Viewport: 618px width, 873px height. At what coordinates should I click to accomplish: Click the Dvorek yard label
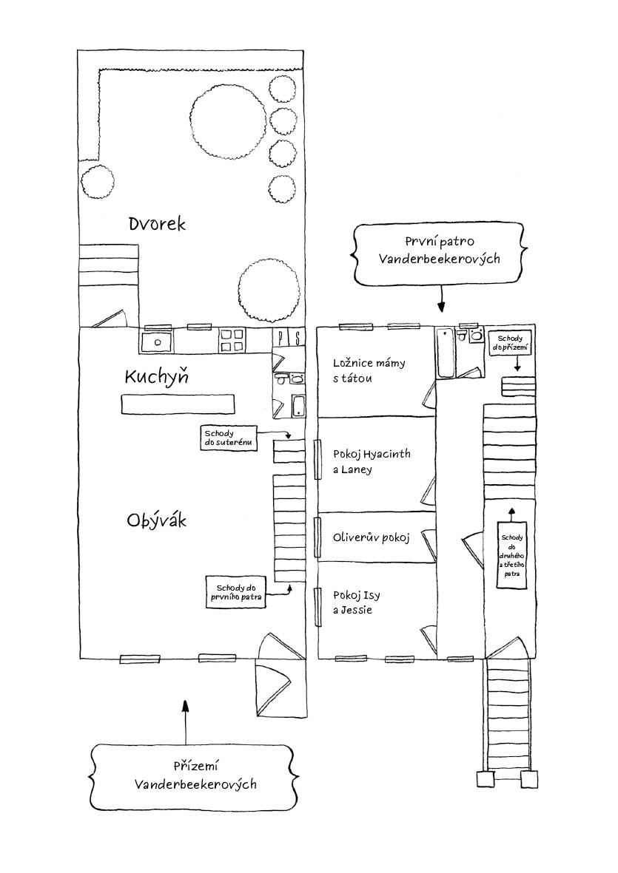157,224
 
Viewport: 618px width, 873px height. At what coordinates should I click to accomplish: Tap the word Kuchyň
157,376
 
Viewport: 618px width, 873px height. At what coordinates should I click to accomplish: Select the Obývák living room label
157,520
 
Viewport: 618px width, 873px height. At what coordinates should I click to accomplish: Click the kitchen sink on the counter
157,342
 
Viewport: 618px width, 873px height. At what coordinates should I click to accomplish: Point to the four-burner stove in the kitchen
232,341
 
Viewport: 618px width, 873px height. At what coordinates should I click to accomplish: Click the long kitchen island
178,404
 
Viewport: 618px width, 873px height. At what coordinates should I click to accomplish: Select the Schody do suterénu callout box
229,438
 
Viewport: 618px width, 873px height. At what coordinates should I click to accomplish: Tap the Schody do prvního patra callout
235,592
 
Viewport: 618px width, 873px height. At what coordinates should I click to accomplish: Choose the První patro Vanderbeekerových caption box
439,251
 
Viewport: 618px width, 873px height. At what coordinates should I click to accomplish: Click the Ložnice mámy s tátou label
369,371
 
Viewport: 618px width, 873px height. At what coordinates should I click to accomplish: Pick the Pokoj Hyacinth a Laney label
371,461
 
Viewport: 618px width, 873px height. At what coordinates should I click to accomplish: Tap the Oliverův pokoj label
371,537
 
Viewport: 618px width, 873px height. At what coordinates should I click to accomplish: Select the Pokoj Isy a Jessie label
356,602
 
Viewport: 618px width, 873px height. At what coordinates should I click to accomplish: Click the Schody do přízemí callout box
509,343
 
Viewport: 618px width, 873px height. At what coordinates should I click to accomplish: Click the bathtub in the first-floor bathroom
446,353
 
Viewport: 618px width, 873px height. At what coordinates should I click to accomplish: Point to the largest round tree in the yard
227,121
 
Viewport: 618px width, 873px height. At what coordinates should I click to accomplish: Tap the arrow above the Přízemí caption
186,722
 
